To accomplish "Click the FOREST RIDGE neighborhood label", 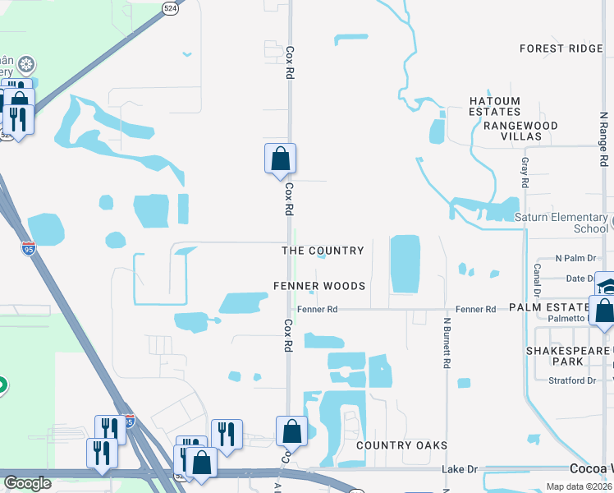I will point(561,48).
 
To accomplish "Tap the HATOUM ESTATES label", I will point(495,106).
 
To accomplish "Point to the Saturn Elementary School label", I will point(561,223).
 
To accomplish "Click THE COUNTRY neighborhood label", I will point(323,251).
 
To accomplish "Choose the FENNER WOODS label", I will point(319,286).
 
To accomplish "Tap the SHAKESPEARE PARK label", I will point(566,356).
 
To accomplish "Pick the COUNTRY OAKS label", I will point(402,445).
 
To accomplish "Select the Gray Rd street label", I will point(525,173).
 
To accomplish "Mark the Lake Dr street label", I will point(459,469).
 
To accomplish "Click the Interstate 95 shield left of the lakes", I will point(28,249).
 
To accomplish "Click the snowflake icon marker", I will point(26,64).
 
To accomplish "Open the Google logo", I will point(28,483).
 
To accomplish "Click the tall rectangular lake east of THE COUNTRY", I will point(404,264).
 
